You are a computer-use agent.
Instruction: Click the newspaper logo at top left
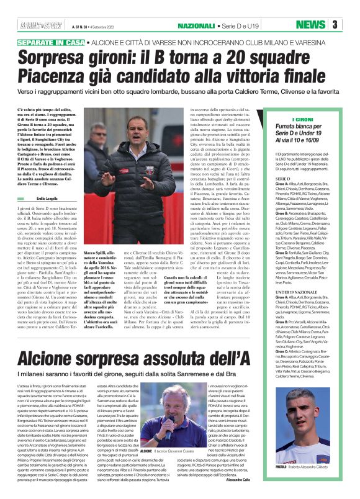(x=37, y=25)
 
